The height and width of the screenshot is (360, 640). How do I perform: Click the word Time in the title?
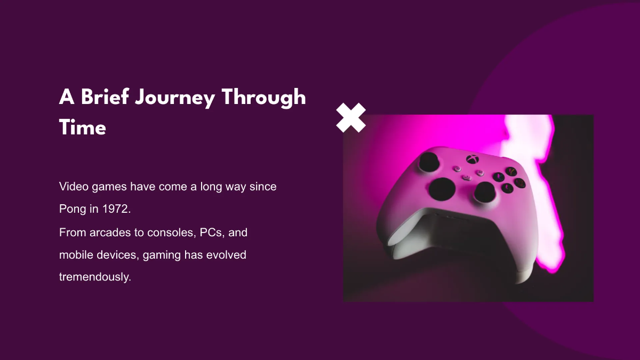pyautogui.click(x=82, y=128)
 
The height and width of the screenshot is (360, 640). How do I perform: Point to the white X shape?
pyautogui.click(x=351, y=118)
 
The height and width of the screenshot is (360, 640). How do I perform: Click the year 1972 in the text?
pyautogui.click(x=116, y=210)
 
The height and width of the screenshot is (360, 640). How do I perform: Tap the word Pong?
pyautogui.click(x=72, y=210)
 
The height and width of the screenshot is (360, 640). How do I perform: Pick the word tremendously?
pyautogui.click(x=94, y=277)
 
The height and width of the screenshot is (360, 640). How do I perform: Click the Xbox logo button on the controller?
pyautogui.click(x=472, y=158)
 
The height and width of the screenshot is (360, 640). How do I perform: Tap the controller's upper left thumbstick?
pyautogui.click(x=428, y=161)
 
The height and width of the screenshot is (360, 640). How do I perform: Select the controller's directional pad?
pyautogui.click(x=442, y=189)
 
